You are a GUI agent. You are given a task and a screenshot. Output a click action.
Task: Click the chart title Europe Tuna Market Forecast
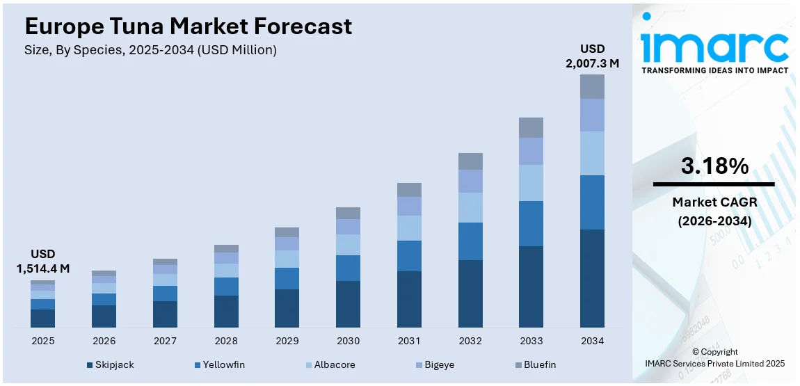tap(188, 26)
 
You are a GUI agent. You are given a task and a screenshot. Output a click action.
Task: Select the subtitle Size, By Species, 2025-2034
tap(150, 50)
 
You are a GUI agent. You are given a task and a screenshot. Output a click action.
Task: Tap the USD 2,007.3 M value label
tap(592, 56)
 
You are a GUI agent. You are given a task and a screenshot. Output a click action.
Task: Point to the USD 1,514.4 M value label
tap(42, 261)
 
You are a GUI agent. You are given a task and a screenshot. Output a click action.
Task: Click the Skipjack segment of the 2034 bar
tap(592, 278)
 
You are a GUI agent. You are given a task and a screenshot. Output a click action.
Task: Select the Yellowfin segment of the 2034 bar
tap(592, 202)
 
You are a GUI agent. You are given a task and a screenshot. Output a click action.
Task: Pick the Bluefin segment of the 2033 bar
tap(531, 127)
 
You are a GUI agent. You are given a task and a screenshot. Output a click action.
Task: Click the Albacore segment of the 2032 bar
tap(470, 207)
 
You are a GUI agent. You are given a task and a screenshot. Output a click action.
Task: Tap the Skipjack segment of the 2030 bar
tap(348, 304)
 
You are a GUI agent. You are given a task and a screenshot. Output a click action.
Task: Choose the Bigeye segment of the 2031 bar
tap(409, 206)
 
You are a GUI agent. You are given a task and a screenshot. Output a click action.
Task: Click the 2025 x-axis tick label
tap(42, 341)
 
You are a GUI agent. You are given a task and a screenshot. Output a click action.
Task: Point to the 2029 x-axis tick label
tap(287, 341)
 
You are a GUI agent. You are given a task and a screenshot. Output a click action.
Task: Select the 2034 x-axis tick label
tap(592, 341)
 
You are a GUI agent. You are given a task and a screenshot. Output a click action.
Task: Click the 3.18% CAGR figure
tap(714, 166)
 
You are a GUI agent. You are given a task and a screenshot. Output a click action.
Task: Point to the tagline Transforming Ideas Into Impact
tap(714, 70)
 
